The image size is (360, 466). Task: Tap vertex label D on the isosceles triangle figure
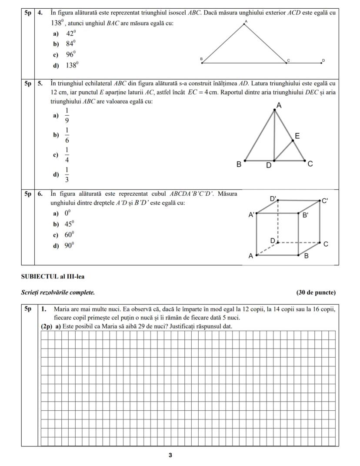point(323,60)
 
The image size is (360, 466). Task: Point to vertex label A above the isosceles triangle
point(246,21)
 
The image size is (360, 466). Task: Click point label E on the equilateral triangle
point(297,136)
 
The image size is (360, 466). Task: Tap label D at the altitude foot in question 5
point(269,165)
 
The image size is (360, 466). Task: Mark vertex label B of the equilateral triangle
point(239,165)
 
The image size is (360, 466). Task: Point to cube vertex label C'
point(325,201)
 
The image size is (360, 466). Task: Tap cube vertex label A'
point(251,215)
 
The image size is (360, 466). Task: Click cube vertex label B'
point(306,215)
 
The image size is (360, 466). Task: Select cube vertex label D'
point(273,198)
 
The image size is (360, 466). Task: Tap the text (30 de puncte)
point(316,292)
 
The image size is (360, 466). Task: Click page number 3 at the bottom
point(170,455)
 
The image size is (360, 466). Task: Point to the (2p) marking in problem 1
point(46,326)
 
